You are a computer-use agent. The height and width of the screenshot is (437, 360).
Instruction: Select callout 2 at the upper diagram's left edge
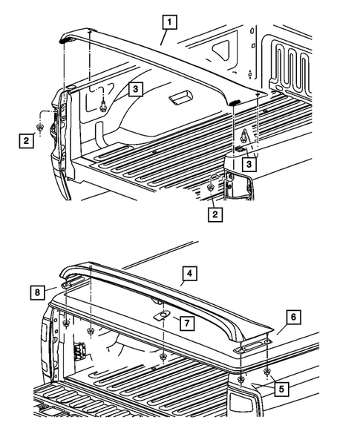26,139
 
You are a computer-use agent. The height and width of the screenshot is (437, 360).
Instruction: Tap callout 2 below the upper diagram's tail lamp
216,214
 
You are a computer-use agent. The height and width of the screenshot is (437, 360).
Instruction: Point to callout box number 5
280,387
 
